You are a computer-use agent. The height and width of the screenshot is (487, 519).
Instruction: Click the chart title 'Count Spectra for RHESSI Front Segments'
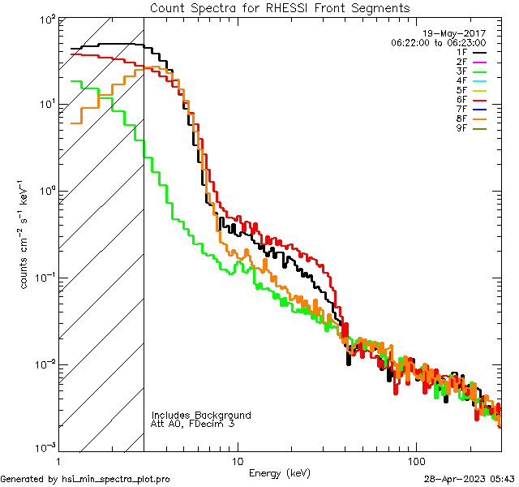[280, 7]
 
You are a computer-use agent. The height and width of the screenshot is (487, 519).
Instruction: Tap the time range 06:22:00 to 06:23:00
[438, 42]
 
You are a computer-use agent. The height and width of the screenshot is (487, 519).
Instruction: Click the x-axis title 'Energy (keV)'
[280, 473]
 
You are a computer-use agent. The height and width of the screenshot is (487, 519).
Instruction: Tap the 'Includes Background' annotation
[201, 415]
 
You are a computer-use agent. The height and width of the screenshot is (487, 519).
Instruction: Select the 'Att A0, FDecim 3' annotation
[193, 424]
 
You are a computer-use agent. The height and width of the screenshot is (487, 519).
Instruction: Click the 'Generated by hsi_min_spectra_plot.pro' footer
[85, 479]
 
